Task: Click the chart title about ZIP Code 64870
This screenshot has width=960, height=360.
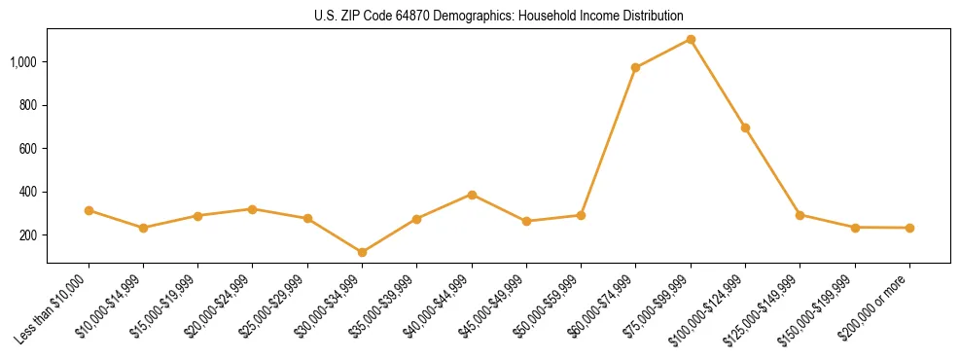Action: point(498,17)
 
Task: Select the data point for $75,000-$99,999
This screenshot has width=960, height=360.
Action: point(691,39)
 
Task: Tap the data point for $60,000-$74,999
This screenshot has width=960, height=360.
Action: point(635,68)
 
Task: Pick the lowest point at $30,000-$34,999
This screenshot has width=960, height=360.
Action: point(362,252)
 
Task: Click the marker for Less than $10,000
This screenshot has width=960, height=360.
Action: point(89,210)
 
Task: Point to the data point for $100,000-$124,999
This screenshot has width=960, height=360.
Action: point(745,127)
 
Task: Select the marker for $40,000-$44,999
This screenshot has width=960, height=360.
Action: point(472,195)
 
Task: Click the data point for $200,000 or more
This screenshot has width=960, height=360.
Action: point(909,228)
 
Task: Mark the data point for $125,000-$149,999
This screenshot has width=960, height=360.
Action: point(800,215)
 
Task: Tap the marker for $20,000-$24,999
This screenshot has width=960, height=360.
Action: point(252,209)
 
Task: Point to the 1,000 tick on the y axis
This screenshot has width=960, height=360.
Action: point(23,61)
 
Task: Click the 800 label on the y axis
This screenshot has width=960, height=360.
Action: point(28,105)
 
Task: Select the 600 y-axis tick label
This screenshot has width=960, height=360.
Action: point(28,149)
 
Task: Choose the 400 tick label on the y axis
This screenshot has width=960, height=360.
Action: point(28,192)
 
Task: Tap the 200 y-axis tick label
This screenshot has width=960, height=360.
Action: point(28,235)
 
